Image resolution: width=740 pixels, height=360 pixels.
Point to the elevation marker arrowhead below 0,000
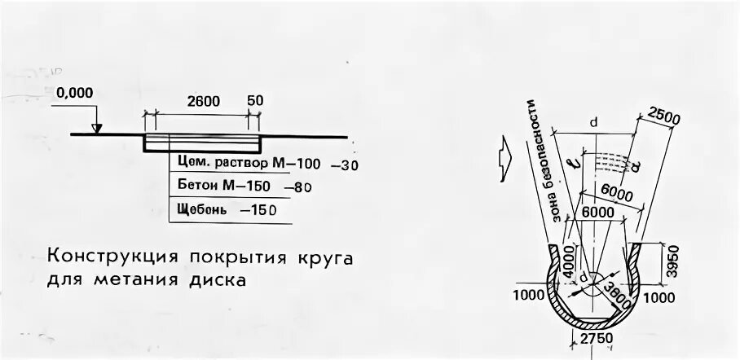click(97, 129)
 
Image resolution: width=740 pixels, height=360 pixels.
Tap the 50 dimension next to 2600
click(255, 100)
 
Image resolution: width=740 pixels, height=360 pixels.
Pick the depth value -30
click(345, 165)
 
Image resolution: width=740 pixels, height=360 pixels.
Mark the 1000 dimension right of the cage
click(659, 299)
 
